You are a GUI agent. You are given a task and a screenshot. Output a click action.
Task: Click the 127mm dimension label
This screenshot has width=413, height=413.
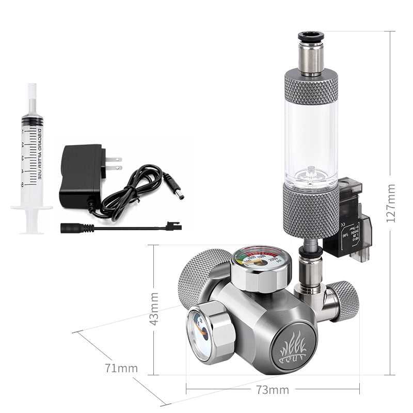point(391,202)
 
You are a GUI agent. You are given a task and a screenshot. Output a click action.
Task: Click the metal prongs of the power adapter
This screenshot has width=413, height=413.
point(114,163)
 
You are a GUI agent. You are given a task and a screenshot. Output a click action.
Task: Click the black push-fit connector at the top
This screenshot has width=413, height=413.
point(311,37)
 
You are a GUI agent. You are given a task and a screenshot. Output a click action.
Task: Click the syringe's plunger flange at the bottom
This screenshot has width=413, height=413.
point(31,209)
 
